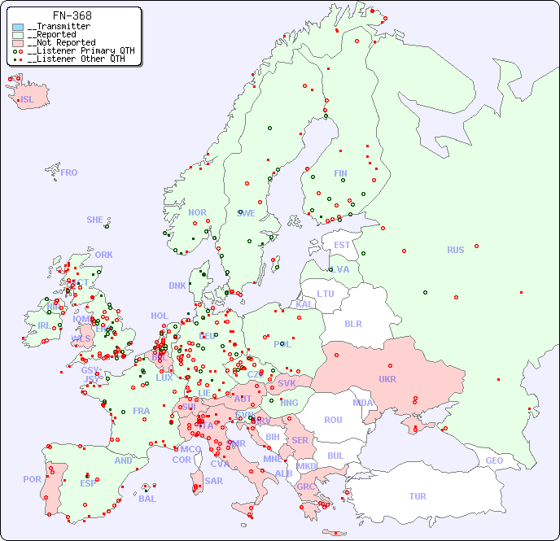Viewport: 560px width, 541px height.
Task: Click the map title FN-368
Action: [x=72, y=15]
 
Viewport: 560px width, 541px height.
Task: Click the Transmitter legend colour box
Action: [x=18, y=26]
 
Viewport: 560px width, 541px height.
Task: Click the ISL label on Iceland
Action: [x=28, y=100]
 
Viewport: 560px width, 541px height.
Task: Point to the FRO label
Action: [x=69, y=172]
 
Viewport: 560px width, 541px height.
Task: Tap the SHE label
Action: [x=95, y=220]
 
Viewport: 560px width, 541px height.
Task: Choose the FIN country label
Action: [x=340, y=173]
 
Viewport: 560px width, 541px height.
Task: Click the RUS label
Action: [x=455, y=250]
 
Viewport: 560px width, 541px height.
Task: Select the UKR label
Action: [x=387, y=379]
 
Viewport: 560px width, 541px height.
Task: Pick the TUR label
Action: [x=418, y=496]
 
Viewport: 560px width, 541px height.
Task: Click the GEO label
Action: [x=494, y=460]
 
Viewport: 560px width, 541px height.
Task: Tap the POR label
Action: [x=32, y=479]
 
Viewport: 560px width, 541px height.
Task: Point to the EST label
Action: [x=342, y=245]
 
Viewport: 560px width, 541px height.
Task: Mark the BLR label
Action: [x=352, y=323]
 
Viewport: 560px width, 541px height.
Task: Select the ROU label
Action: [x=333, y=420]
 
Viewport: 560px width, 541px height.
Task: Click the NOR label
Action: [x=197, y=212]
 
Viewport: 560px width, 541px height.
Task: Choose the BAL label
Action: [x=147, y=499]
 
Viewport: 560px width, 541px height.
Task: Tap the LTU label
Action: [x=326, y=294]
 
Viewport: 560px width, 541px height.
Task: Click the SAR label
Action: [x=214, y=481]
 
